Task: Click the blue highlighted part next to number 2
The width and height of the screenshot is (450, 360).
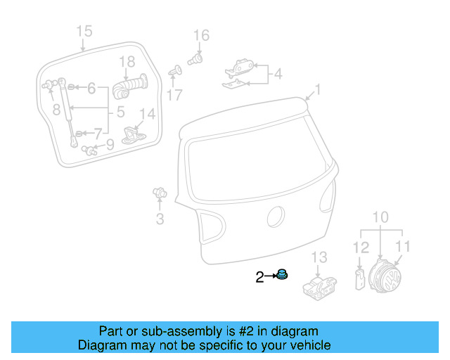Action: click(x=282, y=274)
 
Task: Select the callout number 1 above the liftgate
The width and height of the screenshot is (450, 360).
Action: click(x=317, y=89)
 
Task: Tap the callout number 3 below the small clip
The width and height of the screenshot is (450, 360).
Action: click(x=160, y=219)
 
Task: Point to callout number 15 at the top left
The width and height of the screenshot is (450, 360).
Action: click(x=84, y=31)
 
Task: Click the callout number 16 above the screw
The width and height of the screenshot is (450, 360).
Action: click(x=201, y=35)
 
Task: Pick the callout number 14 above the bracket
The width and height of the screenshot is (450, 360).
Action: click(x=147, y=114)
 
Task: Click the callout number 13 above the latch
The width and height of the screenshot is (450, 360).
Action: click(x=320, y=257)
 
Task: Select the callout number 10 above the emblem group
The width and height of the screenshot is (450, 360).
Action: click(x=380, y=217)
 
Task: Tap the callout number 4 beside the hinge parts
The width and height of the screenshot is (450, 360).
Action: click(x=278, y=73)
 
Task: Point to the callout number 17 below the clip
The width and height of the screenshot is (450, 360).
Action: click(x=174, y=94)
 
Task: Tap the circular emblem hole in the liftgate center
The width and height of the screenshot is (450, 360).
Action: click(x=276, y=217)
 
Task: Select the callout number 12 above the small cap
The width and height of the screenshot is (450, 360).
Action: click(x=360, y=247)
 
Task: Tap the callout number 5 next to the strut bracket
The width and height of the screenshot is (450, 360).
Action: click(x=120, y=111)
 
